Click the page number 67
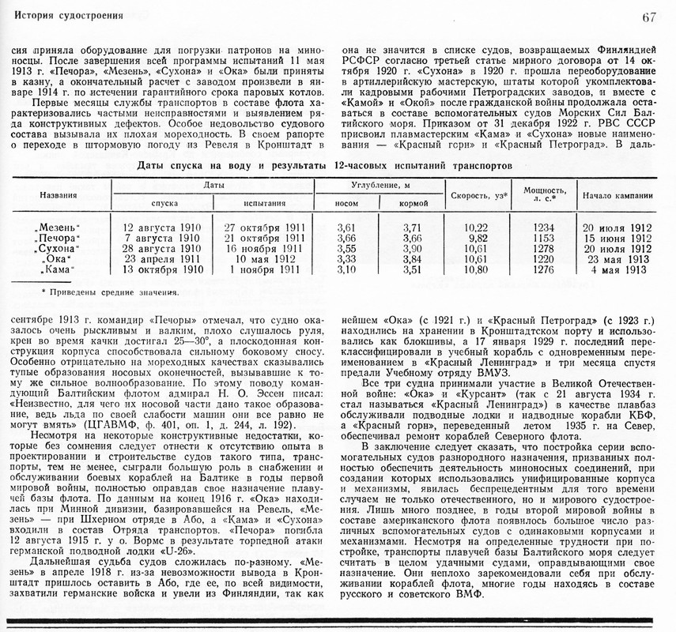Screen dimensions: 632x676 649,17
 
